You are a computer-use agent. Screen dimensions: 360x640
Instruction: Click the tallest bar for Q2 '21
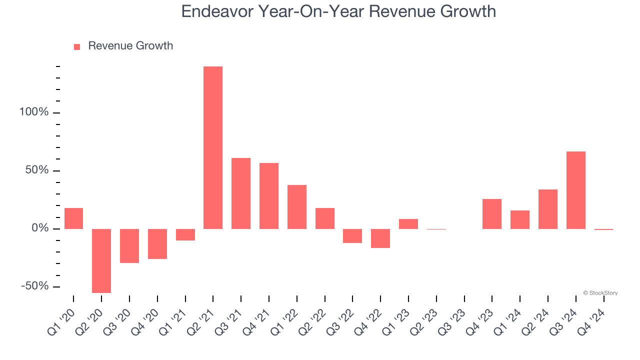click(x=213, y=147)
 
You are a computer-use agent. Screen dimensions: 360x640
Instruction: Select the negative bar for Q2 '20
click(x=101, y=260)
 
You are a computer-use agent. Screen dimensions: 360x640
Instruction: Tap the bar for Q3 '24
click(x=575, y=190)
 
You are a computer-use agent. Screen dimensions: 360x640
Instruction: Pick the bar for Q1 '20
click(x=73, y=218)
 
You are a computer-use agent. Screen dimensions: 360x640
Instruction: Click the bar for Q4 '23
click(x=492, y=214)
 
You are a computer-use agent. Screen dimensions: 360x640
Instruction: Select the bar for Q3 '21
click(x=241, y=193)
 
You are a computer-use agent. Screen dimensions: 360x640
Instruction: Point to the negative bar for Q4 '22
click(x=380, y=238)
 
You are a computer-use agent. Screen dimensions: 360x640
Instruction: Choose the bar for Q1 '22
click(x=297, y=207)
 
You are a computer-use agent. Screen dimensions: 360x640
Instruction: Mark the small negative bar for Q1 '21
click(x=185, y=234)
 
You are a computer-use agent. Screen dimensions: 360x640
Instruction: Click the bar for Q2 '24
click(x=548, y=209)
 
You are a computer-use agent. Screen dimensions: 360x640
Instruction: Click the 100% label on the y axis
click(x=34, y=112)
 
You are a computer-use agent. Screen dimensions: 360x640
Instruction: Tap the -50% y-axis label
click(x=34, y=286)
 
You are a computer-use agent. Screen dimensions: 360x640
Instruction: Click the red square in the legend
click(x=77, y=47)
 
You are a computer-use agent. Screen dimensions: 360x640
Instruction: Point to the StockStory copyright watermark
click(x=600, y=293)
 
